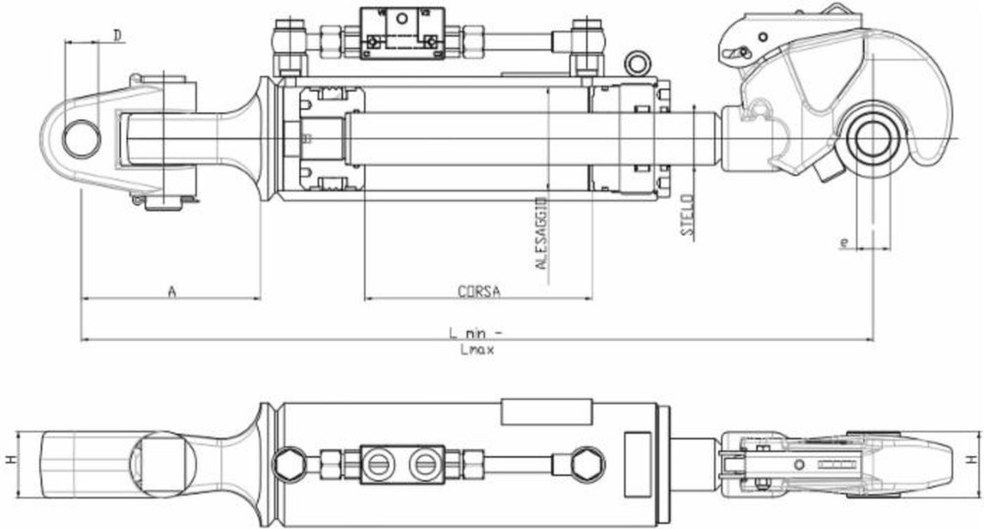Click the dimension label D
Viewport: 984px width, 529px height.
(x=117, y=35)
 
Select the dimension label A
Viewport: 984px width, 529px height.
(x=171, y=291)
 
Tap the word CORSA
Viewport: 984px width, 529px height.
(x=479, y=292)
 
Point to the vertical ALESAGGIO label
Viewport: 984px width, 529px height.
(x=540, y=234)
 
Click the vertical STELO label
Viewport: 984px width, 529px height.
(x=687, y=216)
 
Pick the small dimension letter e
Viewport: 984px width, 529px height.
(x=843, y=240)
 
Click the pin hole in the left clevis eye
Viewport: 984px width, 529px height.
(x=81, y=137)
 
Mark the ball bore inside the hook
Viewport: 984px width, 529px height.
(x=873, y=138)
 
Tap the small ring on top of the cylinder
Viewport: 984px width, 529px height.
(x=638, y=64)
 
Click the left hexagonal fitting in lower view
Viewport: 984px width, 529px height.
(x=289, y=462)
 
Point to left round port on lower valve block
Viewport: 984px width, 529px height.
(x=381, y=462)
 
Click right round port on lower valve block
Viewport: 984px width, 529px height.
(x=424, y=462)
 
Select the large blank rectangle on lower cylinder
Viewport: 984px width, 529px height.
(x=546, y=412)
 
